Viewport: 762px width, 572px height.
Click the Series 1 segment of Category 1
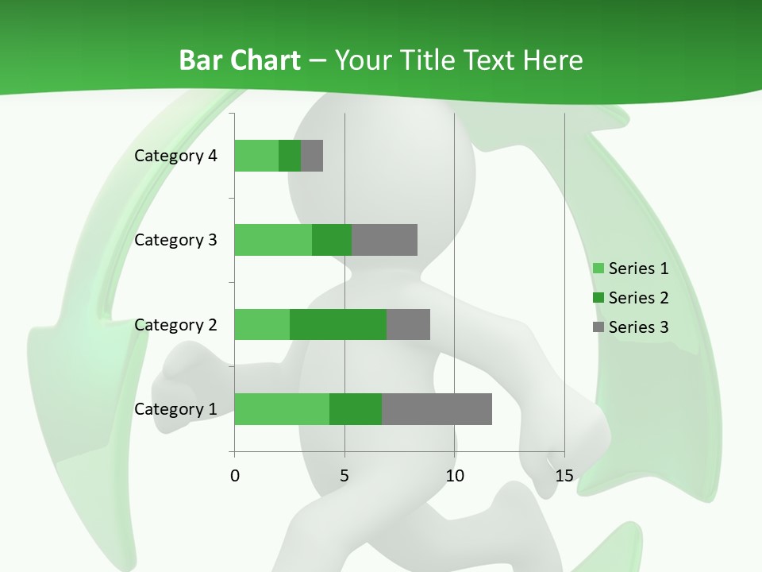click(282, 409)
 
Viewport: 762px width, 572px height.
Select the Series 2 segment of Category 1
click(356, 409)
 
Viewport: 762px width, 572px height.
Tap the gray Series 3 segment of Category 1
click(437, 409)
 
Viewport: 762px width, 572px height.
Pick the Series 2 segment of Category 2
click(338, 324)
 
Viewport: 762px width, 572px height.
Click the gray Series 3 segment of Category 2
click(408, 324)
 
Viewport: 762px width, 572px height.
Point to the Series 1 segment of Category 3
click(273, 240)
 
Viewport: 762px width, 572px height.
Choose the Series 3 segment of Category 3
click(384, 240)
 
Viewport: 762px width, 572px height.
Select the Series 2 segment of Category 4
click(290, 156)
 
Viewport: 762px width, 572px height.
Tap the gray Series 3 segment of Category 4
click(312, 156)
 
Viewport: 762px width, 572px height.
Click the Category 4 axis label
click(175, 156)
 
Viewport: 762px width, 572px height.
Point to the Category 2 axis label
click(175, 324)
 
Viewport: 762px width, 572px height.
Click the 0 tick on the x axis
click(235, 476)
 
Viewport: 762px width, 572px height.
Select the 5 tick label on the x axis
click(344, 476)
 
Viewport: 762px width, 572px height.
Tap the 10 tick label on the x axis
click(454, 476)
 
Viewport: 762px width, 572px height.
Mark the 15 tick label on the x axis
click(564, 476)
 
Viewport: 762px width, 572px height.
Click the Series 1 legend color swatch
click(598, 269)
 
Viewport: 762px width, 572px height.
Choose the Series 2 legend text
click(638, 298)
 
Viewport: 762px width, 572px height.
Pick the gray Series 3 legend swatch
click(598, 327)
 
